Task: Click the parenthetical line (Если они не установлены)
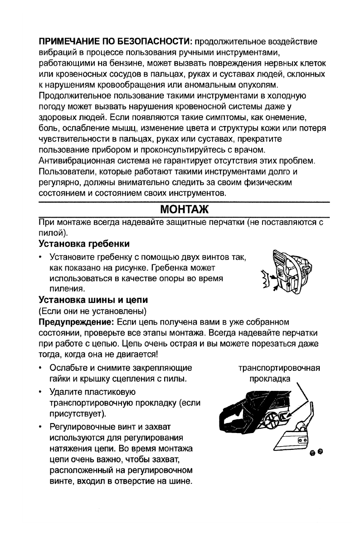point(92,311)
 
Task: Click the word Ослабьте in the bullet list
point(68,367)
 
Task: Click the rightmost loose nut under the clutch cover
point(321,451)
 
